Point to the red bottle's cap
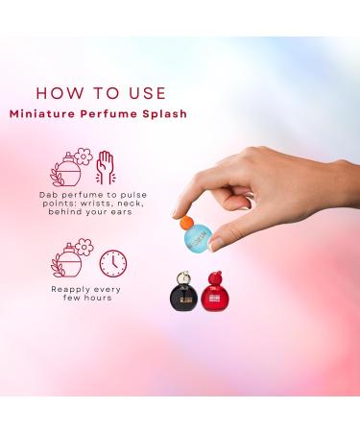tap(222, 280)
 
